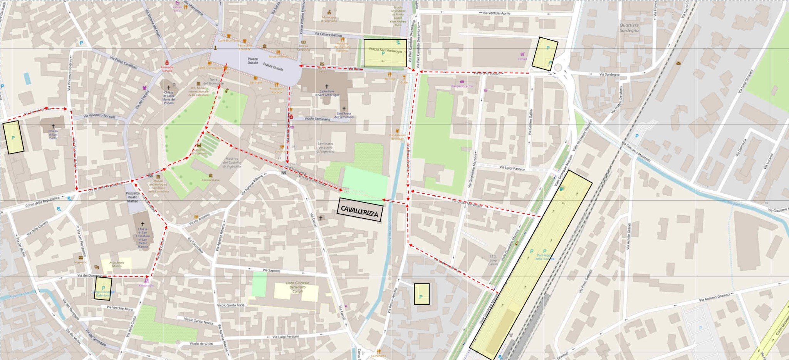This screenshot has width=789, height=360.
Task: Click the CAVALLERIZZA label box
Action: (360, 210)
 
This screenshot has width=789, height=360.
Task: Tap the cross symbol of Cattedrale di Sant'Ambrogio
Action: (327, 87)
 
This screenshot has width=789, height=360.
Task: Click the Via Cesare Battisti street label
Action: (328, 35)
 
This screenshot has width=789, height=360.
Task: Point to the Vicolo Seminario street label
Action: (317, 119)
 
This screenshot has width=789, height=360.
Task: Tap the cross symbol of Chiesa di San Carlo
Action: (53, 126)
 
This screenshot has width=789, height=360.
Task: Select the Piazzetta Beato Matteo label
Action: (133, 197)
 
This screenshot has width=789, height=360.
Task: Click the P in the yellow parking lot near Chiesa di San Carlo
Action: (13, 137)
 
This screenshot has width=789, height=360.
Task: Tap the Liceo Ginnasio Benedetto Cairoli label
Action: (298, 287)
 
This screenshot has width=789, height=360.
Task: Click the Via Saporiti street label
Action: (271, 271)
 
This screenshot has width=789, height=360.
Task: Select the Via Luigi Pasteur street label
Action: (512, 167)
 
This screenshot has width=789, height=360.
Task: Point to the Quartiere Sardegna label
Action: (629, 28)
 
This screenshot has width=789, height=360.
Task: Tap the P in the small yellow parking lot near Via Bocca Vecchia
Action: (421, 297)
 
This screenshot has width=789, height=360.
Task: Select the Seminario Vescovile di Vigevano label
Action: (326, 147)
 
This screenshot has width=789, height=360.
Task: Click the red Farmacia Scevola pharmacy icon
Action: (167, 63)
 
